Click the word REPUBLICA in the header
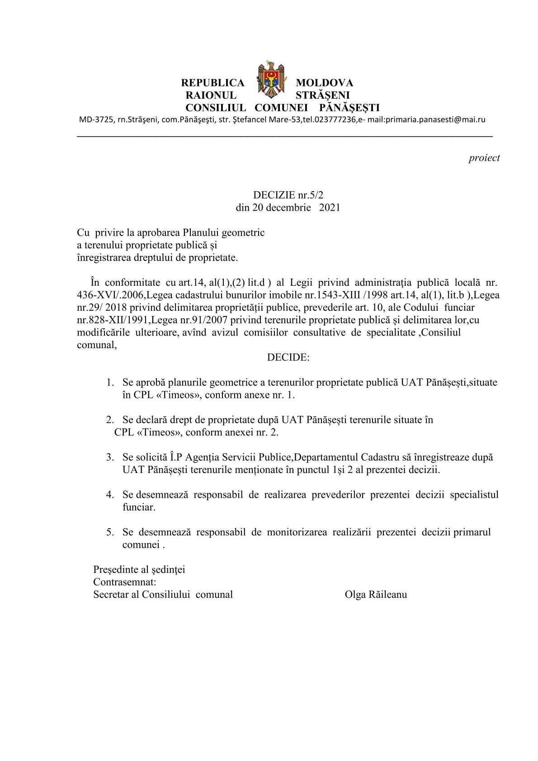coord(212,83)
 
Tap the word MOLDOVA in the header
coord(324,83)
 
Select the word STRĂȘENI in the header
coord(322,95)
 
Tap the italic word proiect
coord(484,158)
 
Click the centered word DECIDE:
coord(288,357)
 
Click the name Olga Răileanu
coord(375,595)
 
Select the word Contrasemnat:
coord(125,582)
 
